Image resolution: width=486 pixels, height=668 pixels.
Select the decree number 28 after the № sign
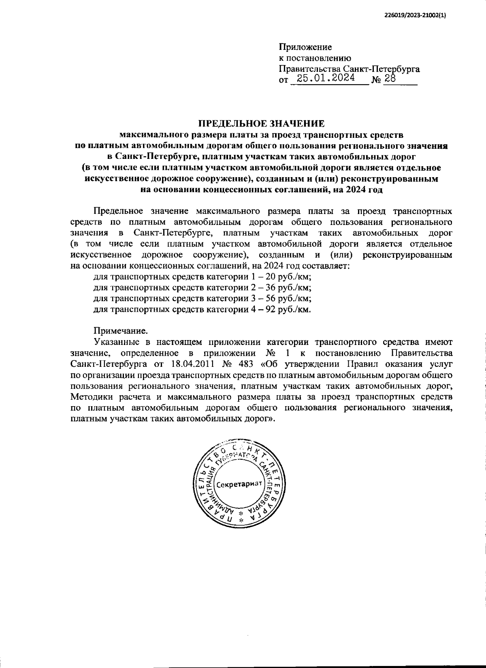click(390, 79)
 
